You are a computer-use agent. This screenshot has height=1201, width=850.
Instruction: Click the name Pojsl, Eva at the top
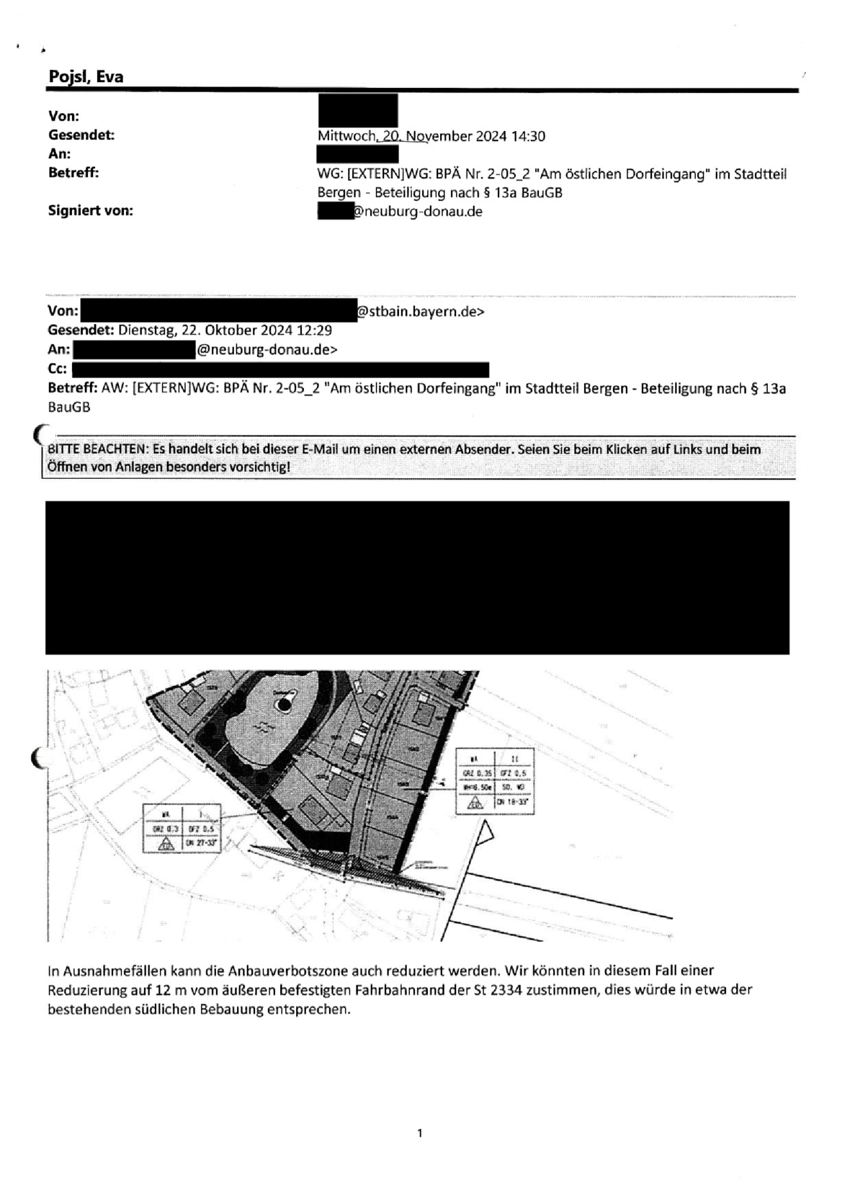pyautogui.click(x=86, y=76)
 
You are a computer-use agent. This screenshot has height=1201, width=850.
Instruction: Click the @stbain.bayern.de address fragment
pyautogui.click(x=421, y=312)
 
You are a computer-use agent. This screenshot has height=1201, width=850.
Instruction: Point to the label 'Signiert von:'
pyautogui.click(x=91, y=211)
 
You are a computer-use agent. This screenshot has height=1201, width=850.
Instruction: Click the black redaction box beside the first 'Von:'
pyautogui.click(x=357, y=110)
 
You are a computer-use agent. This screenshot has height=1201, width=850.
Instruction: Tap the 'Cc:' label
pyautogui.click(x=58, y=369)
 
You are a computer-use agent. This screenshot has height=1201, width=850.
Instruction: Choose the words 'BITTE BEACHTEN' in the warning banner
pyautogui.click(x=96, y=449)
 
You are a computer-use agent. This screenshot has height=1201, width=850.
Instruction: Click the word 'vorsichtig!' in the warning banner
pyautogui.click(x=259, y=467)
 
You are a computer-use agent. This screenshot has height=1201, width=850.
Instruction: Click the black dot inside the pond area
pyautogui.click(x=286, y=705)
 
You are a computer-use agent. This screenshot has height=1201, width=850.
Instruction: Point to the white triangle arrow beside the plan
pyautogui.click(x=487, y=835)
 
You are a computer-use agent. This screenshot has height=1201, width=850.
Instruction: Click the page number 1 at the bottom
pyautogui.click(x=420, y=1133)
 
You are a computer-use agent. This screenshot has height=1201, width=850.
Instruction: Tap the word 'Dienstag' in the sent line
pyautogui.click(x=143, y=330)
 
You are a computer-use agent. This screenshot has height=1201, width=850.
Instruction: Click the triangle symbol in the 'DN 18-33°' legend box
pyautogui.click(x=475, y=804)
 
